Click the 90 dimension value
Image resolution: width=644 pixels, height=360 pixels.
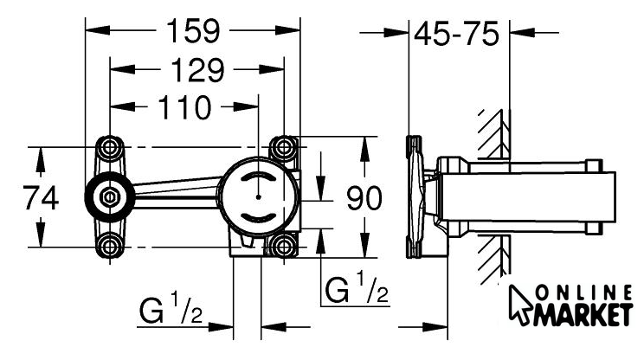364,199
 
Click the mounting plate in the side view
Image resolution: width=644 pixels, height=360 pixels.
420,197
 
